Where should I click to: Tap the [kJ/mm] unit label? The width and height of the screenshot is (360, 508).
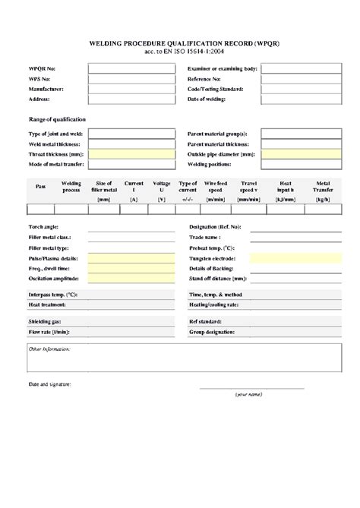click(284, 199)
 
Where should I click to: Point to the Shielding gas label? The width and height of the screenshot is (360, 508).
click(45, 321)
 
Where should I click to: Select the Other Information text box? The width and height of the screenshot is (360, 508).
click(180, 361)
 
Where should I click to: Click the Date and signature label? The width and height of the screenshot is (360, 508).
click(49, 385)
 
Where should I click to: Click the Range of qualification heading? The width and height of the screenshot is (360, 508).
click(56, 120)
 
